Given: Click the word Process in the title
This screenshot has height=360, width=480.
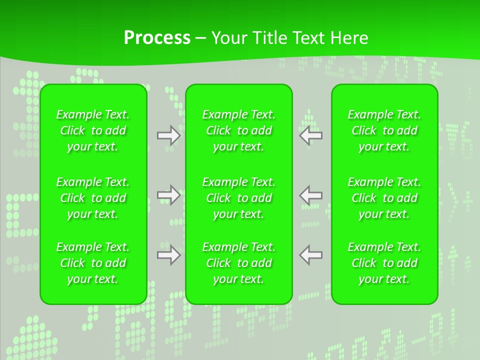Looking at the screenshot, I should pos(157,38).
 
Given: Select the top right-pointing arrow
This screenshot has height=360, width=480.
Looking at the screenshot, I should pos(168,135).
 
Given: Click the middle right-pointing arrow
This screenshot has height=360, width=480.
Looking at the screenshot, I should pos(168,195).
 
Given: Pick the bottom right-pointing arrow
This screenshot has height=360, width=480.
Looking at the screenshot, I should pos(168,255).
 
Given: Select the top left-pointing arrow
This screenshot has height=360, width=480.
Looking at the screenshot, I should pos(311,135).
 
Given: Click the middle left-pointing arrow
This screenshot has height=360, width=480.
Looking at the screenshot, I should pos(311,195).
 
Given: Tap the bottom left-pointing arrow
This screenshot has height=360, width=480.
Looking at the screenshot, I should pos(311,255).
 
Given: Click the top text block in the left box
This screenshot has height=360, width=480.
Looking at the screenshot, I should pos(93,130).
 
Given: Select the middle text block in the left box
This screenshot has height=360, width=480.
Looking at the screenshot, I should pos(93,198).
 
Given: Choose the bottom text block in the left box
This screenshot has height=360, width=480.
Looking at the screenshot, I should pos(93,263).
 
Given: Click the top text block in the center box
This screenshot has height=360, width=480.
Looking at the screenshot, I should pos(239,130).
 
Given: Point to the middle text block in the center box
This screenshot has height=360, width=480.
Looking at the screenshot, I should pos(239,198).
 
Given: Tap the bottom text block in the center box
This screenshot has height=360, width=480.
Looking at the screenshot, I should pos(239,263).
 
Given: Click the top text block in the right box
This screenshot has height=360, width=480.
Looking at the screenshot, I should pos(384,130).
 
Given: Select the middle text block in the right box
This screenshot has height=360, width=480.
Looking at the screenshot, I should pos(384,198).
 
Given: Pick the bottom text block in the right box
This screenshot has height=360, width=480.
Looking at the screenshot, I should pos(384,263).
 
